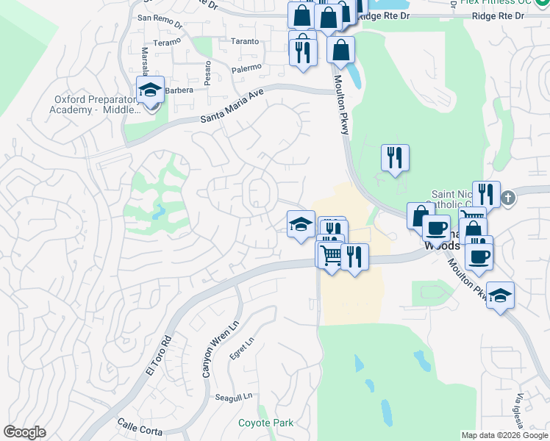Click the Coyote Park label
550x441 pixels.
tap(265, 423)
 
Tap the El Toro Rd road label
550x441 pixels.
tap(158, 355)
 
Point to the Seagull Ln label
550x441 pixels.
tap(234, 396)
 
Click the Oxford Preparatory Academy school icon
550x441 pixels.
tap(150, 90)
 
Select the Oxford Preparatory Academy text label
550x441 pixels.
tap(96, 104)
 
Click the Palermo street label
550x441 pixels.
tap(246, 68)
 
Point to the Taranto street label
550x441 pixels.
tap(245, 42)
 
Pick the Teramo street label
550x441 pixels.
tap(167, 43)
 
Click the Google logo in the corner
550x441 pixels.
tap(24, 432)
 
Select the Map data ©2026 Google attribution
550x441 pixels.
tap(504, 435)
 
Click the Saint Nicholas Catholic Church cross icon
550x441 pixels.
tap(508, 198)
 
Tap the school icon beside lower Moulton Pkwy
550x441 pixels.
tap(500, 295)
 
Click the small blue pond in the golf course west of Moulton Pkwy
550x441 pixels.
tap(158, 214)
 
